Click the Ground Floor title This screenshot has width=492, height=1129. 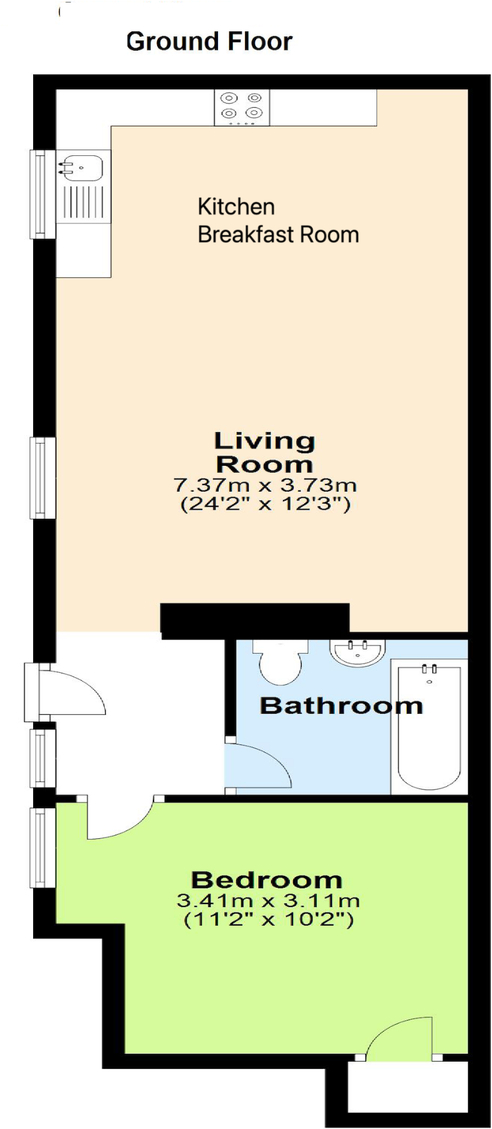click(209, 42)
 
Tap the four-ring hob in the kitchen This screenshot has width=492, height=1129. click(241, 107)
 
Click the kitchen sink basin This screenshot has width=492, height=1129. click(82, 167)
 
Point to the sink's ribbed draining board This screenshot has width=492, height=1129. click(83, 202)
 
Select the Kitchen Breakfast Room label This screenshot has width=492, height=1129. click(278, 220)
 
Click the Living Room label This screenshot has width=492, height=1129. click(264, 453)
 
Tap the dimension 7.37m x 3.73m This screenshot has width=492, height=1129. click(265, 484)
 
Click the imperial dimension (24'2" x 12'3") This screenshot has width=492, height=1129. click(265, 503)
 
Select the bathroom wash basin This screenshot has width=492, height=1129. click(357, 652)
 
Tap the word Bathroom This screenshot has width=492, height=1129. click(341, 705)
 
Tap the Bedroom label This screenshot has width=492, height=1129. click(267, 880)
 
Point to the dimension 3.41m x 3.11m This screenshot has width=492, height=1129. click(268, 901)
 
